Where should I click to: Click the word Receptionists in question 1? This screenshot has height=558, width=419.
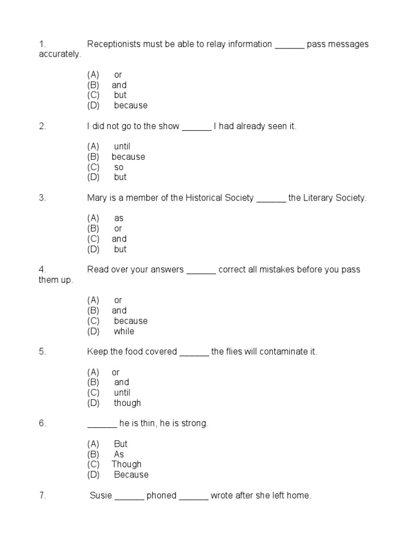coord(114,44)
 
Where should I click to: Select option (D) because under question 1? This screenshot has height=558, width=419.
coord(130,105)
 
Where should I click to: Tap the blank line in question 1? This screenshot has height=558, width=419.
coord(289,45)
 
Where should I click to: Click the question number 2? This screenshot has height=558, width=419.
coord(42,126)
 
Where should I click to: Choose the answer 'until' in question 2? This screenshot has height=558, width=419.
coord(122,146)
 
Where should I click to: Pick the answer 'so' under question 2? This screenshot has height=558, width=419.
coord(119,167)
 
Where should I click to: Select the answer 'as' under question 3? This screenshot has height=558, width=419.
coord(119,218)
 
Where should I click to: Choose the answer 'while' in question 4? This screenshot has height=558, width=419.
coord(124,331)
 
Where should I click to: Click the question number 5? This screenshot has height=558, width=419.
coord(42,351)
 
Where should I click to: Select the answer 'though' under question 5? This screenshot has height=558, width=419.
coord(127,403)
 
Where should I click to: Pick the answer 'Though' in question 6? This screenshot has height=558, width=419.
coord(127,464)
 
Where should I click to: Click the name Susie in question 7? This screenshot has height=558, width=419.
coord(101,495)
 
